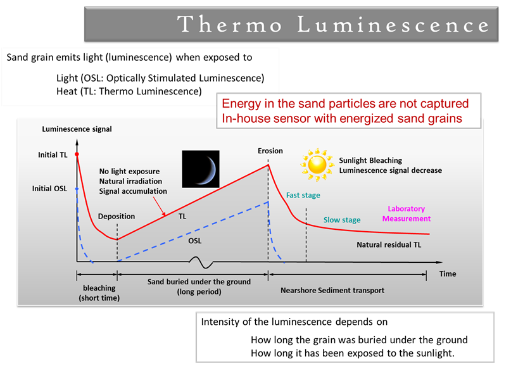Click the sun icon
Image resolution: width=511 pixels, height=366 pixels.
[x=317, y=165]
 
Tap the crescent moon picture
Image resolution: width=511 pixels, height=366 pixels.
[x=201, y=169]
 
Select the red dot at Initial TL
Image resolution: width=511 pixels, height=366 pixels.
[x=77, y=154]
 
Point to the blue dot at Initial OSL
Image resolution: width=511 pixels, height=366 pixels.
[x=77, y=189]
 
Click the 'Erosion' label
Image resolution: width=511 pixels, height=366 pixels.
[x=270, y=151]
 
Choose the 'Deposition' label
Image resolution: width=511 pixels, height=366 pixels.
[x=117, y=217]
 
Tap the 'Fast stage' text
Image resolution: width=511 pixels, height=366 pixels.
[x=303, y=195]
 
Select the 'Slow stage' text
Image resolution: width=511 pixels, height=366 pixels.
[x=342, y=220]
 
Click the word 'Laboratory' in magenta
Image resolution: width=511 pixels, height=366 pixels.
[x=406, y=208]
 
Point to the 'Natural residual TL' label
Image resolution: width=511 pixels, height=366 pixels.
[x=389, y=245]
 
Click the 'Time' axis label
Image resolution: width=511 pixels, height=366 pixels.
[x=448, y=274]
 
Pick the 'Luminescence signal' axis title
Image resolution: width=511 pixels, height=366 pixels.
[x=77, y=129]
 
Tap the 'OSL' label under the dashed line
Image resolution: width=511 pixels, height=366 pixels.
[x=195, y=241]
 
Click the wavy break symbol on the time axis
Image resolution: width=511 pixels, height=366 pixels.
[x=201, y=262]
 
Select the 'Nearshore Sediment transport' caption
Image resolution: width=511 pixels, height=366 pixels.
[x=332, y=291]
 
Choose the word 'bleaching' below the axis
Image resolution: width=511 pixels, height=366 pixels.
[x=99, y=288]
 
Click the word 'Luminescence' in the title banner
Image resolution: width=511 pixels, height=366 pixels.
[x=393, y=25]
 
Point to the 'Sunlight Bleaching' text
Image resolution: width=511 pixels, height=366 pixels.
[x=370, y=160]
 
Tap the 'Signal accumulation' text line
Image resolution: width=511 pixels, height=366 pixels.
[x=133, y=191]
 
